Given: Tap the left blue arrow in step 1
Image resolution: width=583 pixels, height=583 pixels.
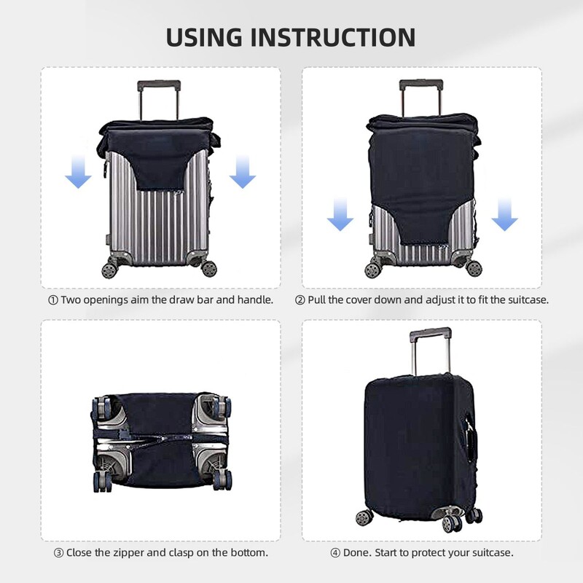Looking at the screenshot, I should [78, 173].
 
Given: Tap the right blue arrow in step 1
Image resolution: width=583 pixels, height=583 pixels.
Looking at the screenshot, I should [242, 173].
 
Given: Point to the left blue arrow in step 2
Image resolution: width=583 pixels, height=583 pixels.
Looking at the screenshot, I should [340, 216].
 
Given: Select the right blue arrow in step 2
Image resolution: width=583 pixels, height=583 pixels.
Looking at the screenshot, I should [504, 216].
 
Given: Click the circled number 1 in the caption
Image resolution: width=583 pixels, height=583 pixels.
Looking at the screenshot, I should [52, 300].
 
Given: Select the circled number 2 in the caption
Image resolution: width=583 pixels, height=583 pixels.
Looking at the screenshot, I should [300, 300].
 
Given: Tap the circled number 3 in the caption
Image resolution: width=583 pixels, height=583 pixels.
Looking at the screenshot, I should [58, 552].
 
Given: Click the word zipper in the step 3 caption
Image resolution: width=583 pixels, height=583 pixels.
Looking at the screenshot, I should [134, 552].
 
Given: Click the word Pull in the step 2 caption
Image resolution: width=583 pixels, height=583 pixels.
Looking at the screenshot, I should [318, 300].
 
